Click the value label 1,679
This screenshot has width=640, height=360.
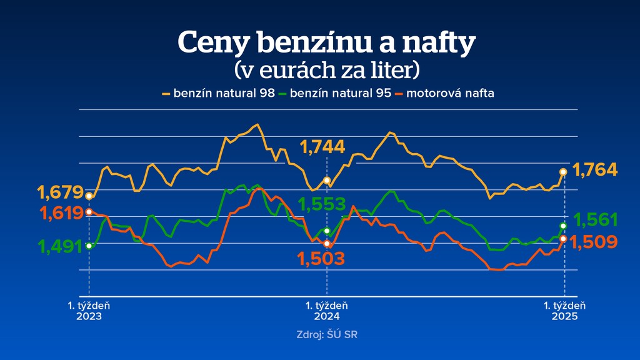[60, 192]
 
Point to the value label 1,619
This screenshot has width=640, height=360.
[62, 213]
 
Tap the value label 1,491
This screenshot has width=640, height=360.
[61, 247]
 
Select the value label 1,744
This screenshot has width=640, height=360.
[322, 147]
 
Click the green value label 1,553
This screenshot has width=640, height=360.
[322, 204]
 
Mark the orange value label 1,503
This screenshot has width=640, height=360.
[321, 259]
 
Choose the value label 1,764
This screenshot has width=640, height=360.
[595, 169]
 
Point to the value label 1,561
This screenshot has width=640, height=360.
[596, 219]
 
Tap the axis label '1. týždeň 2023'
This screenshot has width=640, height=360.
[89, 311]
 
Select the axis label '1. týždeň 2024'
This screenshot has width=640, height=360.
[327, 311]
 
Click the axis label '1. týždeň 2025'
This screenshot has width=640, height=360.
[564, 311]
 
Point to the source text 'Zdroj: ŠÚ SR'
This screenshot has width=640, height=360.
[327, 334]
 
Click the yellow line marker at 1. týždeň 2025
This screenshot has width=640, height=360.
[563, 171]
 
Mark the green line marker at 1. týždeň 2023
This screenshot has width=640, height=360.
[89, 246]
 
